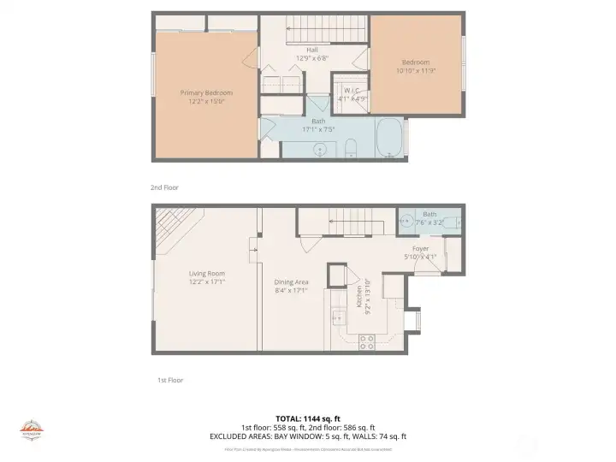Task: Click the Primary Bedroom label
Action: pyautogui.click(x=205, y=92)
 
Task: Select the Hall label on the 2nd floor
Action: pyautogui.click(x=312, y=50)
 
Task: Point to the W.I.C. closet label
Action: pyautogui.click(x=350, y=91)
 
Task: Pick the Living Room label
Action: pyautogui.click(x=206, y=273)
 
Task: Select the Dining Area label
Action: pyautogui.click(x=291, y=281)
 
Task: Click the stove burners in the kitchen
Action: pyautogui.click(x=366, y=341)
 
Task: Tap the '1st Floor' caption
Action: pyautogui.click(x=169, y=380)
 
